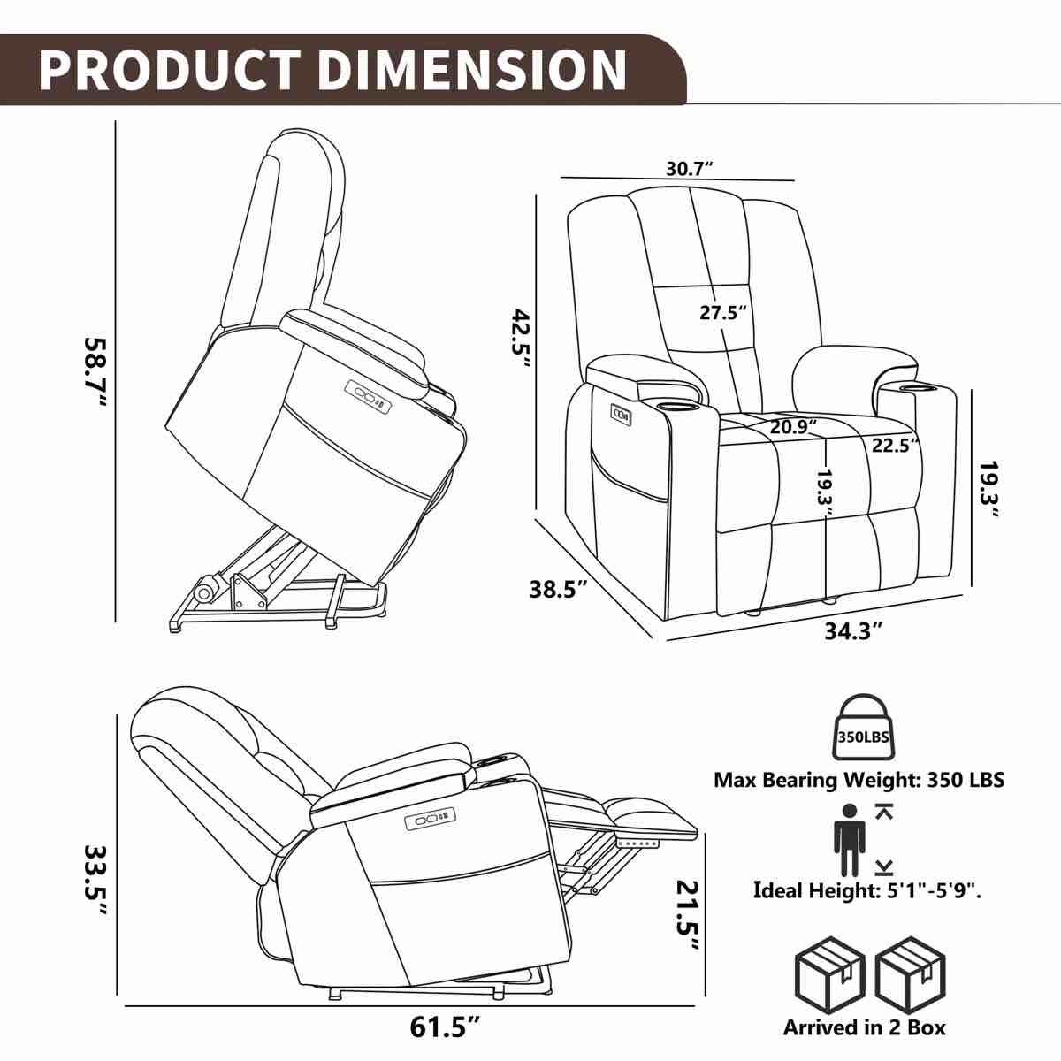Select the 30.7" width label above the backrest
pos(690,169)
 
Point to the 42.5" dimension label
pos(519,343)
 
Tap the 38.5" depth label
pos(559,589)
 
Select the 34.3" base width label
pos(854,630)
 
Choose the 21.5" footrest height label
pos(691,915)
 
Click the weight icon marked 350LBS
pos(862,728)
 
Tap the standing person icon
pos(849,840)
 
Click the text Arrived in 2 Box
pos(864,1027)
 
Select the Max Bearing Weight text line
pos(859,780)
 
